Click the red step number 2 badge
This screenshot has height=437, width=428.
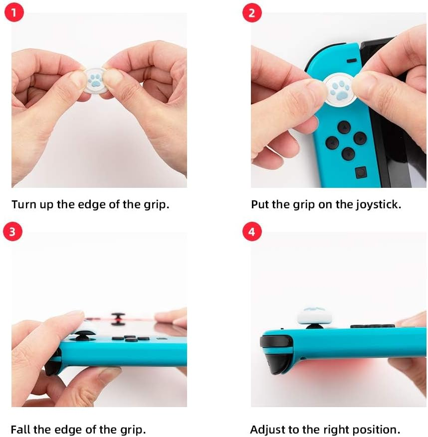pyautogui.click(x=251, y=13)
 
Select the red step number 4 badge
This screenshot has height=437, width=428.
pyautogui.click(x=251, y=232)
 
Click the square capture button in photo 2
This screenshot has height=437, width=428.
pyautogui.click(x=359, y=172)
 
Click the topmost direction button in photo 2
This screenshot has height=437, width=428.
pyautogui.click(x=343, y=127)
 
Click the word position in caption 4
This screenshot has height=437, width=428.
pyautogui.click(x=380, y=430)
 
